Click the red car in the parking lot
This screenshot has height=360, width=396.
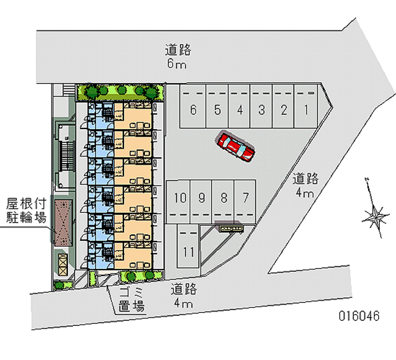tap(236, 147)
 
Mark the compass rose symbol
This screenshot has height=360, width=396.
tap(376, 214)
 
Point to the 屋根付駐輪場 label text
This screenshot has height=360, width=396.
tap(26, 209)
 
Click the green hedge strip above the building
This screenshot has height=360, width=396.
tap(120, 91)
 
